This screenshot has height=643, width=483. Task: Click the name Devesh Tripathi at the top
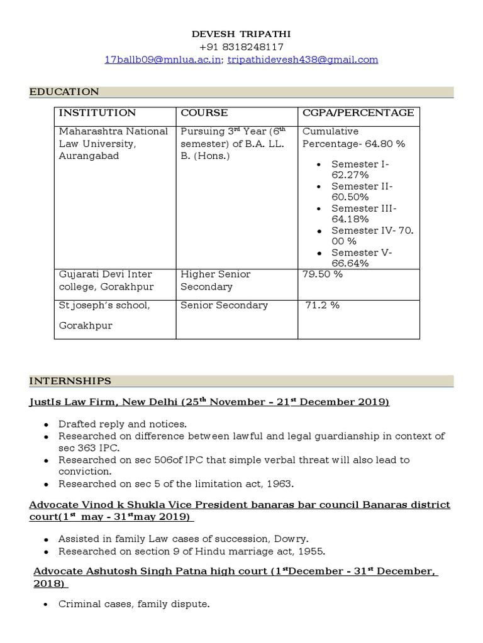click(x=241, y=34)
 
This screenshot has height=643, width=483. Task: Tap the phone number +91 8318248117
click(x=241, y=47)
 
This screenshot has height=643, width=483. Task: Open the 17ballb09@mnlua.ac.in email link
click(x=162, y=60)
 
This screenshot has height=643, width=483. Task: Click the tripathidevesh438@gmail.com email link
click(x=303, y=60)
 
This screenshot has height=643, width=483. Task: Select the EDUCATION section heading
click(x=64, y=92)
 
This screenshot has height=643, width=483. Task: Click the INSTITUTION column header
click(x=97, y=113)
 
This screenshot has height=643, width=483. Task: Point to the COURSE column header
click(x=204, y=113)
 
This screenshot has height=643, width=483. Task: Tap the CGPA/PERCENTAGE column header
click(x=358, y=113)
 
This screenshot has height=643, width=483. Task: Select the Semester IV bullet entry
click(x=372, y=236)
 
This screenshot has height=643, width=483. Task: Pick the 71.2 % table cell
click(x=323, y=305)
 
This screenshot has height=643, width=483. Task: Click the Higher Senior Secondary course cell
click(x=215, y=280)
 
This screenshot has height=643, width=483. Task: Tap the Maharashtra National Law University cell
click(x=113, y=144)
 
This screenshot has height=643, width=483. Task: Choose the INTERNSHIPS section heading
click(x=70, y=381)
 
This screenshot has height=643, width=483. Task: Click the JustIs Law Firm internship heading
click(x=209, y=402)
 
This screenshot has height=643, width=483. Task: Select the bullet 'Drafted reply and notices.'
click(x=123, y=424)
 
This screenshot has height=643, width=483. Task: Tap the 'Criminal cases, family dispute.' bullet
click(x=133, y=605)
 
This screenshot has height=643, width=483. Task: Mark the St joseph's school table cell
click(x=104, y=305)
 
